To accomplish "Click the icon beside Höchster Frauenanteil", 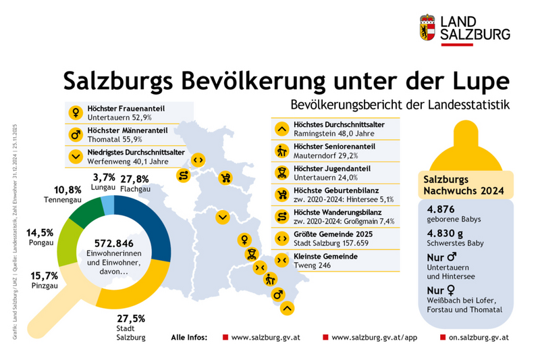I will [76, 111].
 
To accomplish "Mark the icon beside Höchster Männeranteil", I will [76, 134].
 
